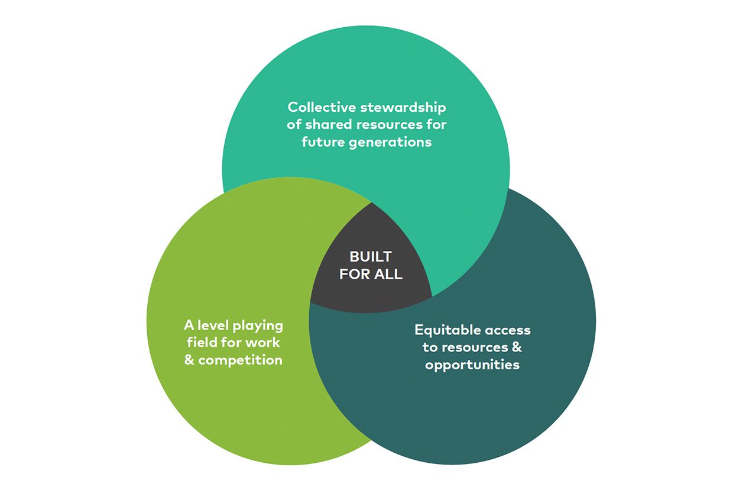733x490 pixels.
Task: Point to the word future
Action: point(322,142)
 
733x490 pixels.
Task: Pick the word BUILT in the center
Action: point(371,257)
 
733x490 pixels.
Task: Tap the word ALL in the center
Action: point(388,275)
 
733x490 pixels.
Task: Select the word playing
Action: point(258,326)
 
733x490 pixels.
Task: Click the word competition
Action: point(241,360)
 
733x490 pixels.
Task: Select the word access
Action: point(508,330)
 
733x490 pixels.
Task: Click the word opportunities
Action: point(472,365)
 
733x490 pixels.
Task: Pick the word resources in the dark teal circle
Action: point(475,347)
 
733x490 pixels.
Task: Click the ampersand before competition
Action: point(189,360)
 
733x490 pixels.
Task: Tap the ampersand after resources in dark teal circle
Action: point(517,347)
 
